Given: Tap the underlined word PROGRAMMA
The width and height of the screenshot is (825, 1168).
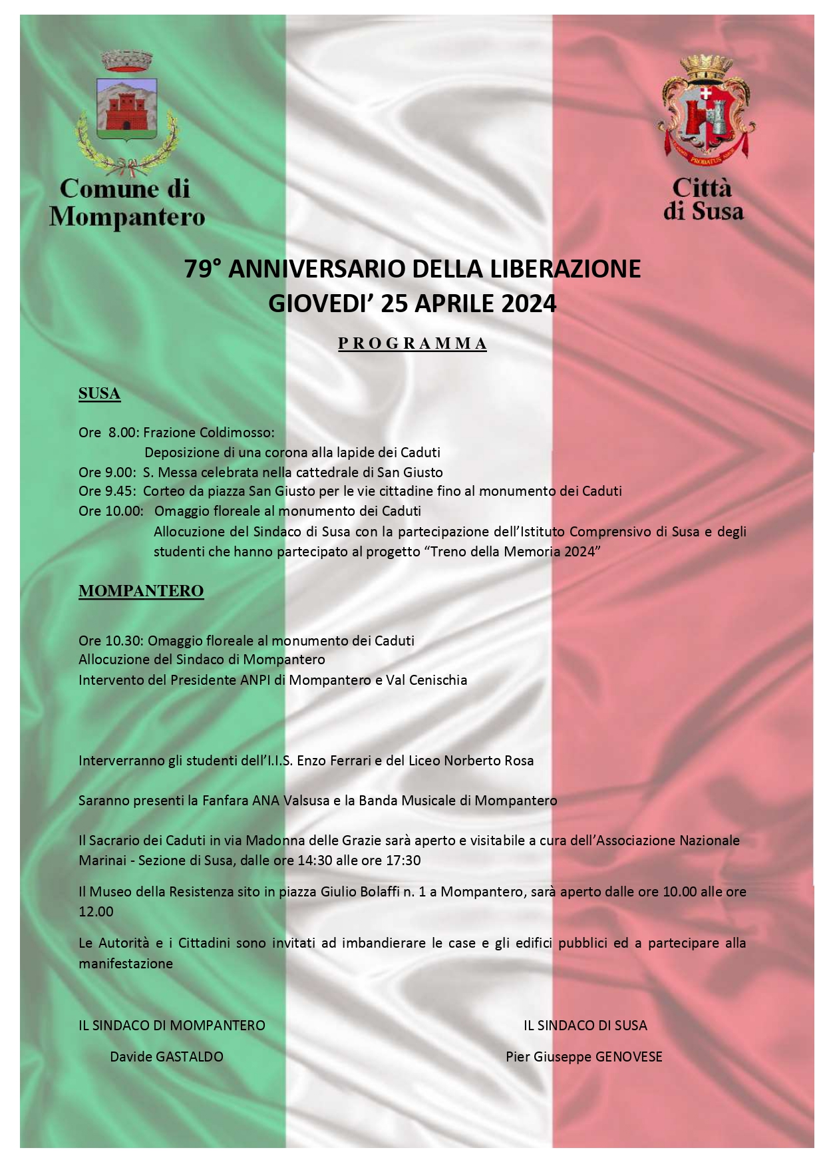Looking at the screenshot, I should [x=412, y=343].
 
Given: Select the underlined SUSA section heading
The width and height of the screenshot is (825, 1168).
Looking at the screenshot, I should [x=99, y=393].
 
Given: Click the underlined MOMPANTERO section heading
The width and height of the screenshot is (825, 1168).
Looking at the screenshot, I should [x=141, y=591].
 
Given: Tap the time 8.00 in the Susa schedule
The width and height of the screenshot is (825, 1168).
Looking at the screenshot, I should [x=122, y=432].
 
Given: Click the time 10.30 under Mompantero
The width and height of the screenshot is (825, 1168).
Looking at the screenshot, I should [x=124, y=641].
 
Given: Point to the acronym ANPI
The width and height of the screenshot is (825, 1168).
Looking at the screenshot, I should [x=255, y=680].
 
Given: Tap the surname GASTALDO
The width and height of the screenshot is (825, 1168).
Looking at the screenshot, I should [x=189, y=1057].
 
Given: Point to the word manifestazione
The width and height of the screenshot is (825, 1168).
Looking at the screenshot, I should [x=126, y=964].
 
